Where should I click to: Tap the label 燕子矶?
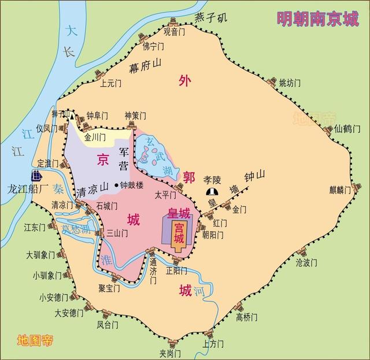(x=211, y=17)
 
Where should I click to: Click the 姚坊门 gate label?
(x=290, y=83)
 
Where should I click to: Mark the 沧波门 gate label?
(x=306, y=263)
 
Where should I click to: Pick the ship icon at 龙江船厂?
(x=36, y=176)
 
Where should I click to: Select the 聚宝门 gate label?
(x=109, y=287)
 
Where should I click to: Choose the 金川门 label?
(x=95, y=138)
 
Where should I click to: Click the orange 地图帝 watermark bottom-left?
(x=35, y=339)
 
